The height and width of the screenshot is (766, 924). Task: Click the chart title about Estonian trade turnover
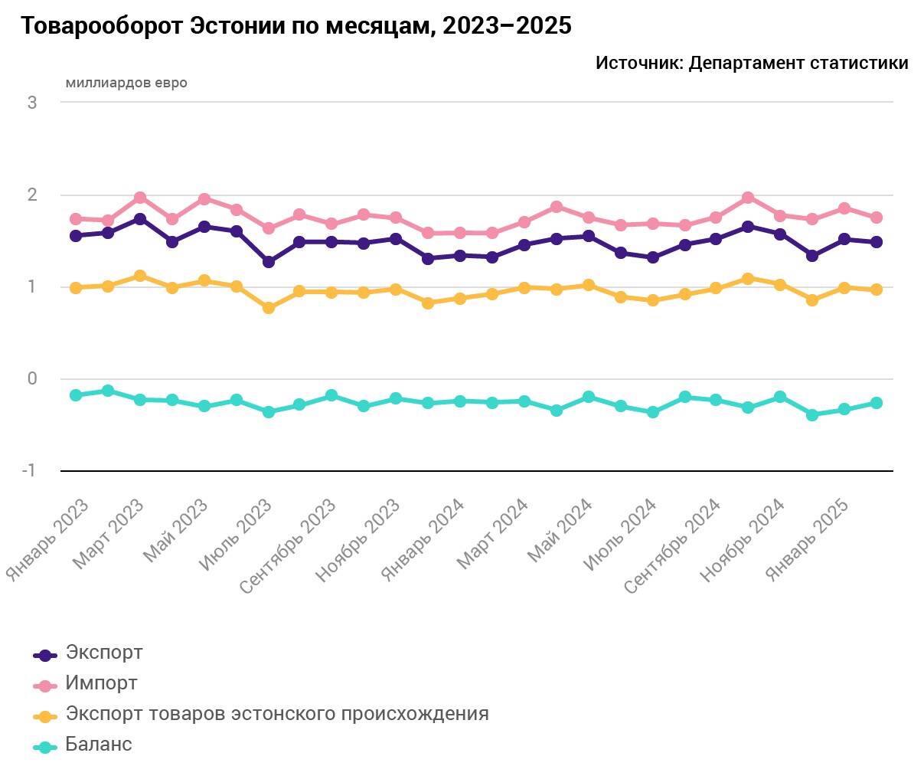[295, 26]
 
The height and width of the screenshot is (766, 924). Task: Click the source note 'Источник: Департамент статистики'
[751, 64]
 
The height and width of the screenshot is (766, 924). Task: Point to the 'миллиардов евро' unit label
[126, 83]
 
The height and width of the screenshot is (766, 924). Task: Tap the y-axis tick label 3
[32, 103]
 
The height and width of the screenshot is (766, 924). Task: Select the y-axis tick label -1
[29, 470]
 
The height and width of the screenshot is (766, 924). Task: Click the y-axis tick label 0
[32, 378]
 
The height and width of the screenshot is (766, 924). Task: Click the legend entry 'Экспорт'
[104, 653]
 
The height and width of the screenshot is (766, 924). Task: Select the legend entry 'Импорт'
[102, 683]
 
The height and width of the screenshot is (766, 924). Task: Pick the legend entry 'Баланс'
[99, 744]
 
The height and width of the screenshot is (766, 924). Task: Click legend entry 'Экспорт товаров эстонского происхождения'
[277, 713]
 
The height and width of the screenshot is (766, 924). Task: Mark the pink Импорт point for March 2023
[140, 198]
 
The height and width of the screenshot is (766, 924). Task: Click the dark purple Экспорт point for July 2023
[269, 262]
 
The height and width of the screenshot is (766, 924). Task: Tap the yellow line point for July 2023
[269, 308]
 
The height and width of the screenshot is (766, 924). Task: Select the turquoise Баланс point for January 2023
[76, 395]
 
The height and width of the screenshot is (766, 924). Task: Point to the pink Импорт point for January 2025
[844, 208]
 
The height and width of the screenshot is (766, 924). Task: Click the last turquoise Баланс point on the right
[877, 403]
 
